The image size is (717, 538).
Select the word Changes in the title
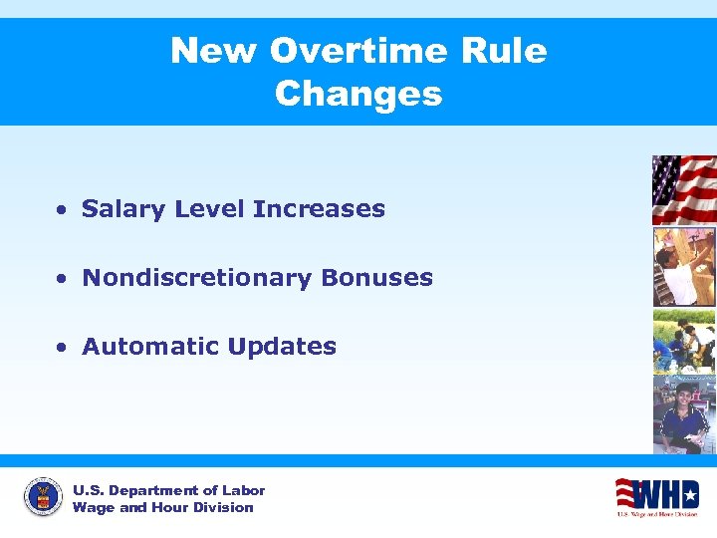[x=358, y=94]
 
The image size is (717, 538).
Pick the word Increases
[x=319, y=209]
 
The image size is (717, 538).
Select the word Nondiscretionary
[x=197, y=278]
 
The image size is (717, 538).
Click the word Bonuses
[x=376, y=278]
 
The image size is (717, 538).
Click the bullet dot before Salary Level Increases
[x=62, y=211]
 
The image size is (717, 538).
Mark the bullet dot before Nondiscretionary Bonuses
[x=62, y=280]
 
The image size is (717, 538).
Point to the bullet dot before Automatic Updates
[x=62, y=349]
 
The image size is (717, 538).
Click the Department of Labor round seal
[x=43, y=497]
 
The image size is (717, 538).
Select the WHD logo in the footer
[x=656, y=495]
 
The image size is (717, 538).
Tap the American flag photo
[x=683, y=189]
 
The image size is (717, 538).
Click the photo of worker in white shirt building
[x=683, y=266]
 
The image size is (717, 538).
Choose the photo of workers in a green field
[x=683, y=341]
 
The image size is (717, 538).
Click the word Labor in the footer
[x=244, y=490]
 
